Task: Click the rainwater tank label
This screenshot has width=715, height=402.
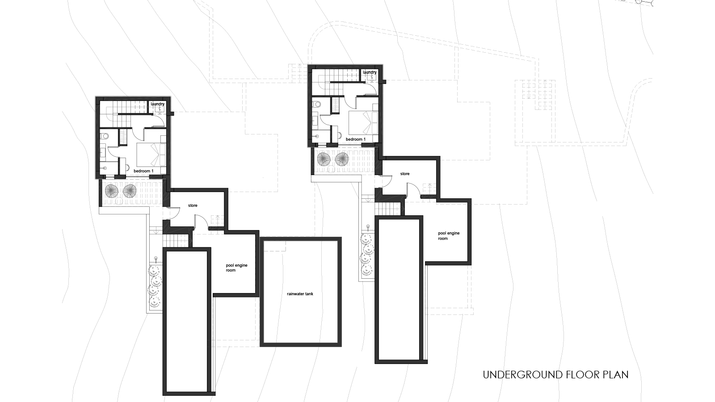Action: coord(300,294)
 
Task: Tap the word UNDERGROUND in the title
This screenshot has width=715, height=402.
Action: coord(523,375)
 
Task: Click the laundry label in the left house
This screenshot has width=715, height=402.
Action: coord(157,105)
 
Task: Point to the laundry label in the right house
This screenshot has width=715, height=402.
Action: coord(370,72)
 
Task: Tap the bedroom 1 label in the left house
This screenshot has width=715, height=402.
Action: coord(143,171)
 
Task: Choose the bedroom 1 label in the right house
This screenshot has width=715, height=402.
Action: coord(356,139)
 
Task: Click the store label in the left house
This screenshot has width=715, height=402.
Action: coord(193,205)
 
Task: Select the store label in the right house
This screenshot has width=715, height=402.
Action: coord(405,174)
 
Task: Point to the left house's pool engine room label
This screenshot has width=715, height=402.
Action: coord(236,268)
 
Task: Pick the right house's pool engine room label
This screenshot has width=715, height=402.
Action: coord(449,236)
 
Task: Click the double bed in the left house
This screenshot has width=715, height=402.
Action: coord(151,155)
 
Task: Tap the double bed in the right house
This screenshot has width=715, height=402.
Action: coord(364,123)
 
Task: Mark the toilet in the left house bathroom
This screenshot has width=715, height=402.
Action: coord(105,136)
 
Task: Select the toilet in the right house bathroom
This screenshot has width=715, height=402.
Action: coord(317,104)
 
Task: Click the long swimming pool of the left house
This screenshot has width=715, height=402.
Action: coord(187,321)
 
